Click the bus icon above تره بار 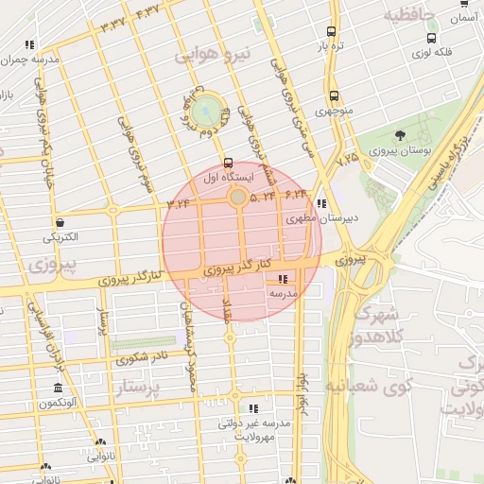point(330,31)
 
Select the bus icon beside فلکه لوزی point(432,39)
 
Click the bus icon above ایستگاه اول point(227,162)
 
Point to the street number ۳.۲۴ point(179,201)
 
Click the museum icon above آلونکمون point(59,389)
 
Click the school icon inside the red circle point(283,279)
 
